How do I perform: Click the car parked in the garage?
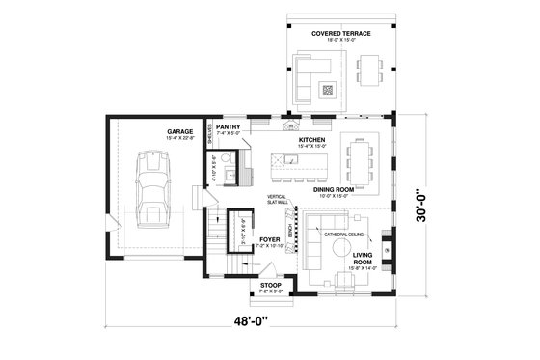150,188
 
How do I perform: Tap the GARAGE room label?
179,130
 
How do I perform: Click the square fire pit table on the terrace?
327,90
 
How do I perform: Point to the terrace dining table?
371,69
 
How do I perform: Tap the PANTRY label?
229,126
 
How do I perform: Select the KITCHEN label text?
311,140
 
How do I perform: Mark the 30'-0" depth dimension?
424,204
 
